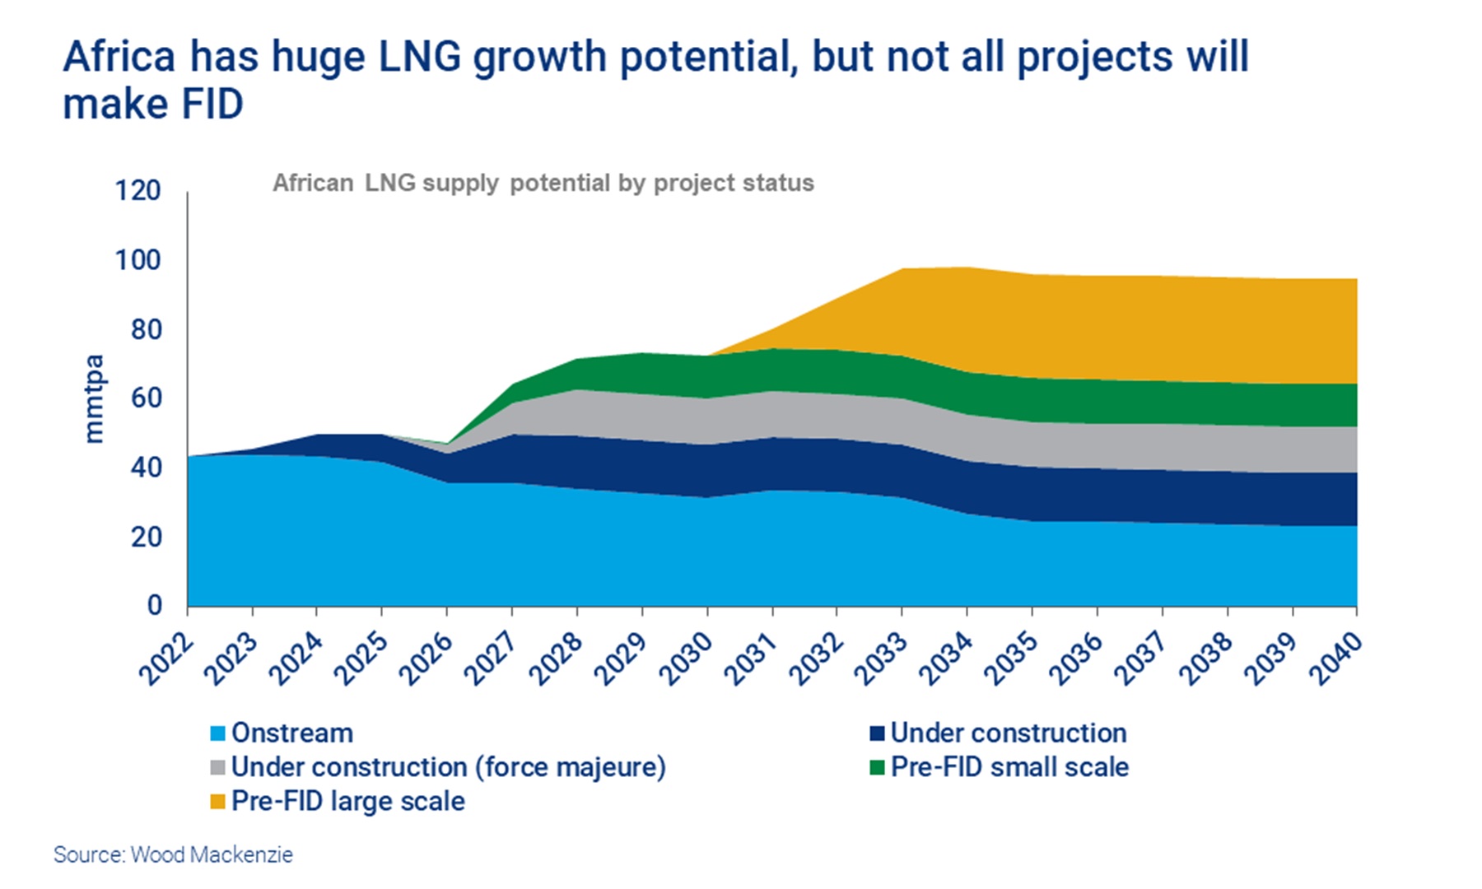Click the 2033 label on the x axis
coord(880,659)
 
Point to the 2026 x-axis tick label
coord(426,659)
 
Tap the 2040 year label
coord(1335,659)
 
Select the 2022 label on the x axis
coord(165,659)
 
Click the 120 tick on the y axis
coord(137,191)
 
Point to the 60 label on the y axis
coord(146,398)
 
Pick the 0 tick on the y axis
coord(154,606)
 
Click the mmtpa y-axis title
coord(94,398)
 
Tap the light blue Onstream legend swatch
coord(218,733)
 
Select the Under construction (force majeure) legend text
coord(448,767)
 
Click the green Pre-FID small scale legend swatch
coord(877,767)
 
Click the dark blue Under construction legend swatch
coord(877,733)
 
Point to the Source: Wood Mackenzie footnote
coord(173,855)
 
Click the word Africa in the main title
coord(119,58)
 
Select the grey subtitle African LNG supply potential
coord(543,183)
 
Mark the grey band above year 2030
coord(707,421)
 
